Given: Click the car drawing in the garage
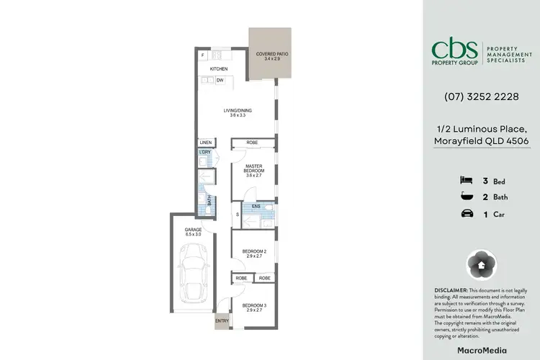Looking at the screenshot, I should pyautogui.click(x=192, y=273).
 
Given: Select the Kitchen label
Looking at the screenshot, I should pyautogui.click(x=218, y=69).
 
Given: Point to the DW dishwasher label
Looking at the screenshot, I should pyautogui.click(x=220, y=81).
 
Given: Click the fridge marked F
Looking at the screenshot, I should pyautogui.click(x=204, y=55).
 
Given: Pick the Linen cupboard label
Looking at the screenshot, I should pyautogui.click(x=206, y=143).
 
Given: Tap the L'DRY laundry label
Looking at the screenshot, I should pyautogui.click(x=205, y=153).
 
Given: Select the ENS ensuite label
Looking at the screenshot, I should pyautogui.click(x=256, y=207).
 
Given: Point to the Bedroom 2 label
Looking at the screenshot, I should pyautogui.click(x=254, y=253).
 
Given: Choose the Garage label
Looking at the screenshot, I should pyautogui.click(x=193, y=231).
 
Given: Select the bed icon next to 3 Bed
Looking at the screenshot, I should pyautogui.click(x=465, y=179).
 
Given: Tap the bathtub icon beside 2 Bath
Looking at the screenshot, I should pyautogui.click(x=465, y=196).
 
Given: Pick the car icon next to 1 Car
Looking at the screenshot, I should pyautogui.click(x=465, y=213).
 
